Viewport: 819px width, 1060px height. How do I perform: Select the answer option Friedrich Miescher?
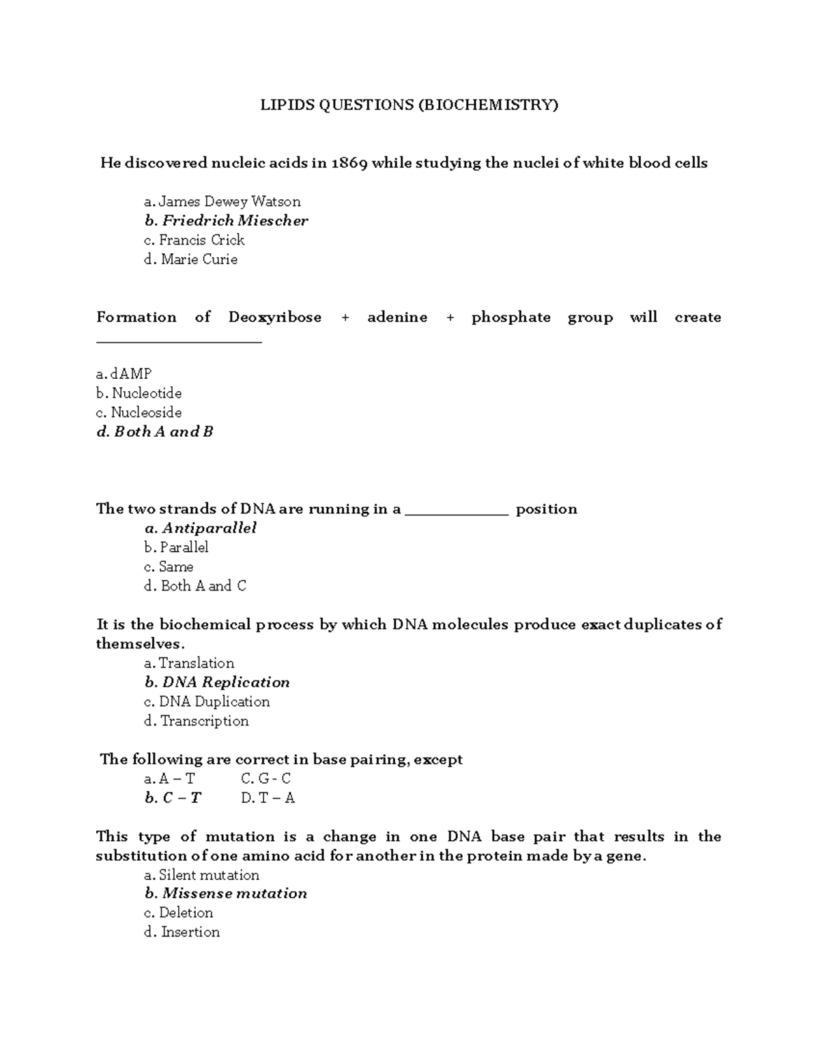tap(226, 220)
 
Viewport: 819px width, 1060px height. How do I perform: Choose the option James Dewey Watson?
tap(222, 201)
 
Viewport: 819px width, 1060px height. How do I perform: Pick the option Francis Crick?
tap(195, 240)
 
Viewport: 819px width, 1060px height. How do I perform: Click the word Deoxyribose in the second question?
tap(275, 317)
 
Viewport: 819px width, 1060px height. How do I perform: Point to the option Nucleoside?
tap(139, 412)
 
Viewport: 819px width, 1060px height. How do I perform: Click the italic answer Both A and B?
tap(155, 432)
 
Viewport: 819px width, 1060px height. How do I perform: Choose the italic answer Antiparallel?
tap(201, 528)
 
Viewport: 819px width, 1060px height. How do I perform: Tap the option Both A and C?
tap(195, 586)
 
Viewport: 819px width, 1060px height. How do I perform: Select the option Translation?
tap(189, 663)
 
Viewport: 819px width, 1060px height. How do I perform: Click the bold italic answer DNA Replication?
tap(217, 683)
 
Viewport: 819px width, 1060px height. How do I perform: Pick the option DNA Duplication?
tap(207, 702)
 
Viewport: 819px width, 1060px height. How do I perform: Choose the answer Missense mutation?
tap(226, 893)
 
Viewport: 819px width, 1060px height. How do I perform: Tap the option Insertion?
tap(182, 932)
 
